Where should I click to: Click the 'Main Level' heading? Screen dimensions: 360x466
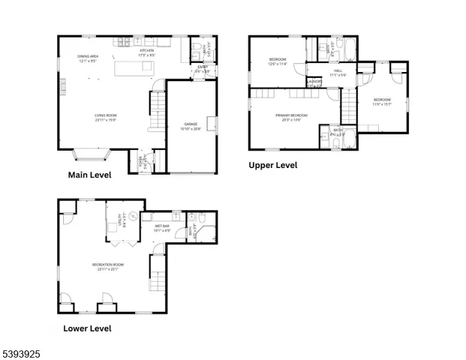pos(89,175)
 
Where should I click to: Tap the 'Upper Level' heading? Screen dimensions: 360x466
pos(273,165)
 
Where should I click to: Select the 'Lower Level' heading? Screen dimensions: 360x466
pos(87,328)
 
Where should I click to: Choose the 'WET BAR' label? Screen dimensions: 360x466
pos(162,228)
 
